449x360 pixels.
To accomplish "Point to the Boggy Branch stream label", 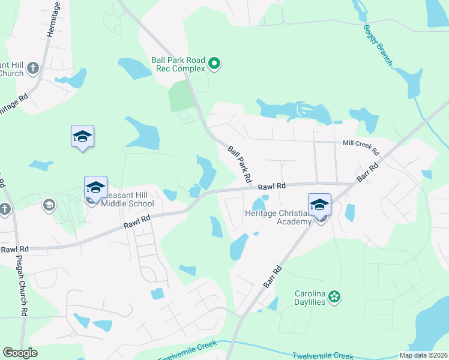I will click(378, 45).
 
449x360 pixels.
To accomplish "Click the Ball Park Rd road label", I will click(239, 164).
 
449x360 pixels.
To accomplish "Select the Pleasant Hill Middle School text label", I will click(127, 199).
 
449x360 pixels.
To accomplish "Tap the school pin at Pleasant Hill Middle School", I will click(95, 188).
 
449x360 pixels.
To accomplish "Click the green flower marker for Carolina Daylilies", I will click(335, 296).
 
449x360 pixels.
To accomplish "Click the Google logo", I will click(20, 353).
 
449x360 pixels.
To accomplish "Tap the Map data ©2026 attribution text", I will click(423, 355).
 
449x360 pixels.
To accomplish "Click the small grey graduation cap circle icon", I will click(49, 206).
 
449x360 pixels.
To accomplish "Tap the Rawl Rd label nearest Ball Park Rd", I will click(271, 187).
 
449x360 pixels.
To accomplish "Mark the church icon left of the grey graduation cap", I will click(5, 209).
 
